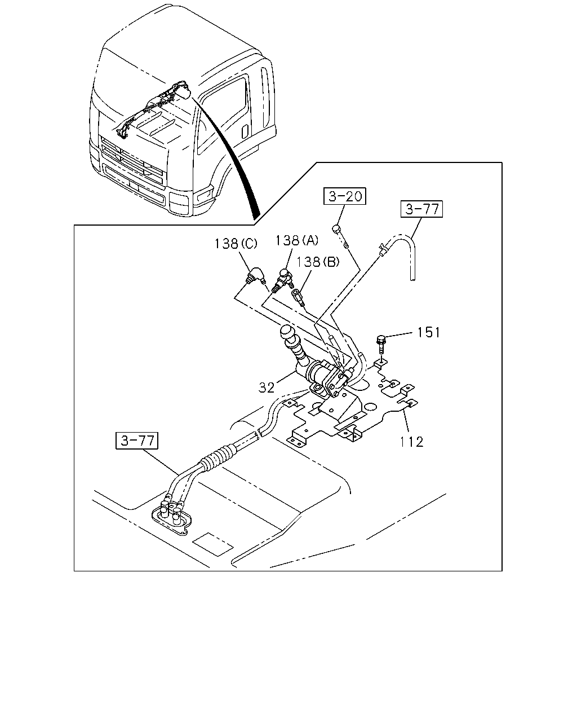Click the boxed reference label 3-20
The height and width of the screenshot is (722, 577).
(344, 196)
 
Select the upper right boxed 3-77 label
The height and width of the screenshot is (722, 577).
(422, 209)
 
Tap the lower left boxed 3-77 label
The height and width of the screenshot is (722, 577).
(137, 441)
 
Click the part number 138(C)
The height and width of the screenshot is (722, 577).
(236, 244)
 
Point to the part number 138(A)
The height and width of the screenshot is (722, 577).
(297, 240)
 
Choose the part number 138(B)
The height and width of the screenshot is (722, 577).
(318, 262)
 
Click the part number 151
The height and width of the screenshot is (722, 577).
(428, 332)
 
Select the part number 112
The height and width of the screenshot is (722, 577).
(412, 442)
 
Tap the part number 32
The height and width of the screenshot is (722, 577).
(267, 388)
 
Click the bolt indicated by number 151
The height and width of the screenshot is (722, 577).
(381, 344)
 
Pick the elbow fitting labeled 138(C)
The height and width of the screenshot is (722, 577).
(255, 276)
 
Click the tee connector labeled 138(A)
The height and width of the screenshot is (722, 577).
(283, 279)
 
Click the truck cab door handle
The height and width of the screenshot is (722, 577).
(245, 131)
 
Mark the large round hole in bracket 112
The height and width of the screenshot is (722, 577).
(370, 407)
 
